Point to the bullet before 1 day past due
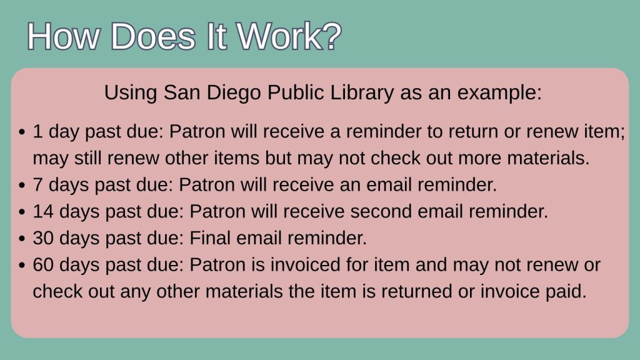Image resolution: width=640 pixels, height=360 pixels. [x=22, y=132]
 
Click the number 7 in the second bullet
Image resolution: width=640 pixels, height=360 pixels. [x=37, y=184]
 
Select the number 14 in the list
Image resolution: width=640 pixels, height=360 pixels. [x=43, y=211]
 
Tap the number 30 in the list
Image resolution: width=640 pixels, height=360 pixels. [x=43, y=238]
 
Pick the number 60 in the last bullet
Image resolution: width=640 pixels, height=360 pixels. [x=43, y=264]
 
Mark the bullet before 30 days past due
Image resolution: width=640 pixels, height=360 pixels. [x=22, y=239]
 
